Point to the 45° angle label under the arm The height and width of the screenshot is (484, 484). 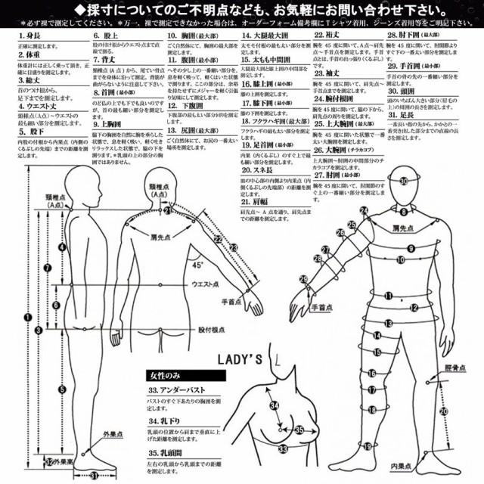197,265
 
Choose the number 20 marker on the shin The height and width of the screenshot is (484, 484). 444,411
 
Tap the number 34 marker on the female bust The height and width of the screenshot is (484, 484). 274,406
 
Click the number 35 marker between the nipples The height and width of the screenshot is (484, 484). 299,430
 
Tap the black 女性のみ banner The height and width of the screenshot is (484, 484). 186,375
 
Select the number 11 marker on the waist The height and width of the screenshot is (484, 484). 388,296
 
